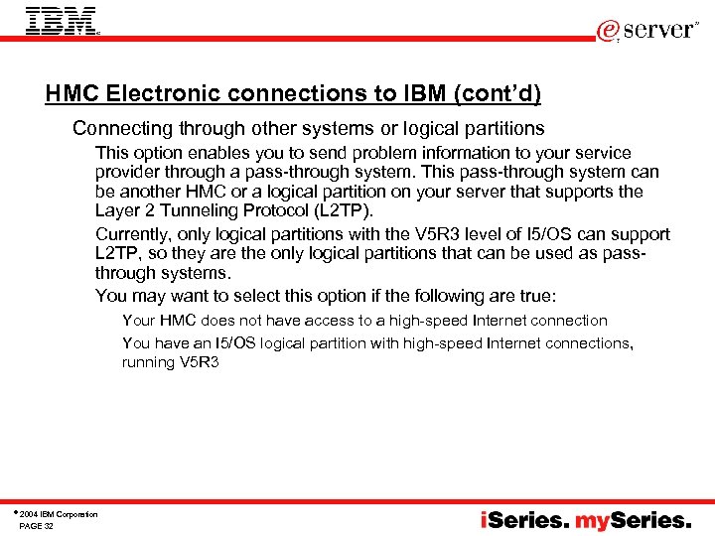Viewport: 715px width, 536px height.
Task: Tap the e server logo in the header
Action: tap(646, 30)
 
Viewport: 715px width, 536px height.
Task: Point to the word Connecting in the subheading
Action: tap(119, 128)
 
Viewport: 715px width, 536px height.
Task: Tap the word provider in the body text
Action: tap(127, 172)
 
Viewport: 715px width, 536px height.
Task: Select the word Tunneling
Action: tap(197, 210)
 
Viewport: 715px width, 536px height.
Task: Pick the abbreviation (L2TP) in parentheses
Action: tap(341, 210)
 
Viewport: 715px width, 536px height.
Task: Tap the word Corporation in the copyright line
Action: tap(76, 514)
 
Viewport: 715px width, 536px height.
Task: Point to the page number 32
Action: tap(49, 526)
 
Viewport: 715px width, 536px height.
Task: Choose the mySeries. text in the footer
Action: tap(639, 520)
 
